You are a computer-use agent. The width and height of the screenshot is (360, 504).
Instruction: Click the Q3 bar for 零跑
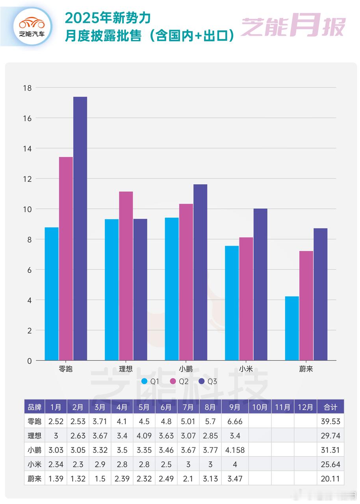click(x=80, y=228)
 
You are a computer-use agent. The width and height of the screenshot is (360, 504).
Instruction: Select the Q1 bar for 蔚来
click(x=292, y=328)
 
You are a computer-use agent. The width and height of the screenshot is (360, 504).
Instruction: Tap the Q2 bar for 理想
click(x=126, y=276)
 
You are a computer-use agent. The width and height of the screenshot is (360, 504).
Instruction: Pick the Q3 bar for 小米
click(x=260, y=284)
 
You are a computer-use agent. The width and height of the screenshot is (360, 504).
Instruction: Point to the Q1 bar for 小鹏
click(x=172, y=289)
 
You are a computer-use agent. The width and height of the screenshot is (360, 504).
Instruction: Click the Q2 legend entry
click(x=179, y=381)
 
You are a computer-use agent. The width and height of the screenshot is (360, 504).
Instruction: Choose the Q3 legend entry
click(x=208, y=381)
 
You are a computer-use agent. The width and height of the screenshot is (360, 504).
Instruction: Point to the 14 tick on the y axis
click(x=27, y=148)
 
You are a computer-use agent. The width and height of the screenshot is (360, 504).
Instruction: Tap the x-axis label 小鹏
click(x=186, y=369)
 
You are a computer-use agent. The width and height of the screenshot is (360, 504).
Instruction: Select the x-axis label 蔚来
click(x=306, y=369)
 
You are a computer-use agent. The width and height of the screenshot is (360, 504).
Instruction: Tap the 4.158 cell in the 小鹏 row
click(x=235, y=450)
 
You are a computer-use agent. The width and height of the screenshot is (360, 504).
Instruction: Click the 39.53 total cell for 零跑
click(x=330, y=421)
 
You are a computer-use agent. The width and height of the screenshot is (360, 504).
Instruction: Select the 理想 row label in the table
click(x=34, y=436)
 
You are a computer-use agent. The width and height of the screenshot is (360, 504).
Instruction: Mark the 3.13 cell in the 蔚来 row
click(x=210, y=479)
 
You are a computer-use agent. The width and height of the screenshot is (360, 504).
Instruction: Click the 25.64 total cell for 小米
click(x=330, y=465)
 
